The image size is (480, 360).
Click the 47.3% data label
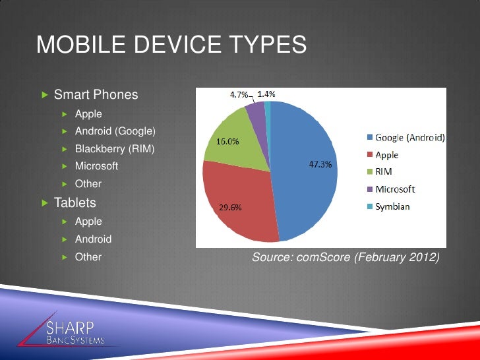pyautogui.click(x=320, y=165)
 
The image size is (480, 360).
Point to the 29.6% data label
pyautogui.click(x=230, y=208)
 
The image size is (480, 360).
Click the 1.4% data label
pyautogui.click(x=266, y=94)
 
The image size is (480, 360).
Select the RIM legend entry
pyautogui.click(x=385, y=173)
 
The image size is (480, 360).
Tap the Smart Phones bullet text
pyautogui.click(x=96, y=94)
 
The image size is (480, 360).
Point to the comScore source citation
pyautogui.click(x=345, y=257)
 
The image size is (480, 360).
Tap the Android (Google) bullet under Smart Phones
pyautogui.click(x=115, y=131)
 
